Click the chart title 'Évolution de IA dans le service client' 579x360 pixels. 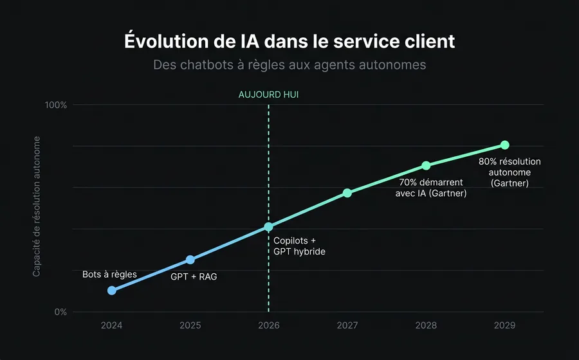point(289,41)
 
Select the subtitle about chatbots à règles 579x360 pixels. point(289,65)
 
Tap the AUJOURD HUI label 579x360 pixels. point(268,94)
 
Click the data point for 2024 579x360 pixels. point(112,291)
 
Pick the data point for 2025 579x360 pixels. point(190,260)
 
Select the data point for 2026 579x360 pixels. point(268,227)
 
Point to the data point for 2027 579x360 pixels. point(347,193)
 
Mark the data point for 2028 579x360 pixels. point(426,166)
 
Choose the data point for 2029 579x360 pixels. point(505,145)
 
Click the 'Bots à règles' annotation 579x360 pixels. point(109,274)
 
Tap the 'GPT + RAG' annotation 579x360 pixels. point(193,277)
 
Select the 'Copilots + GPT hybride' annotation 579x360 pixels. point(299,246)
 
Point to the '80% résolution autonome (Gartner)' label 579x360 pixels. point(510,172)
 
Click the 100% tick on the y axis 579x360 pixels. point(55,105)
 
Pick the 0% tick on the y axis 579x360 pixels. point(59,312)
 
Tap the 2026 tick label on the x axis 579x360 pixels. point(268,326)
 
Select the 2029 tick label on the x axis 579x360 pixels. point(505,326)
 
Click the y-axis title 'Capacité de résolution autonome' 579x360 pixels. point(37,207)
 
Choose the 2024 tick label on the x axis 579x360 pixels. point(112,326)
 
